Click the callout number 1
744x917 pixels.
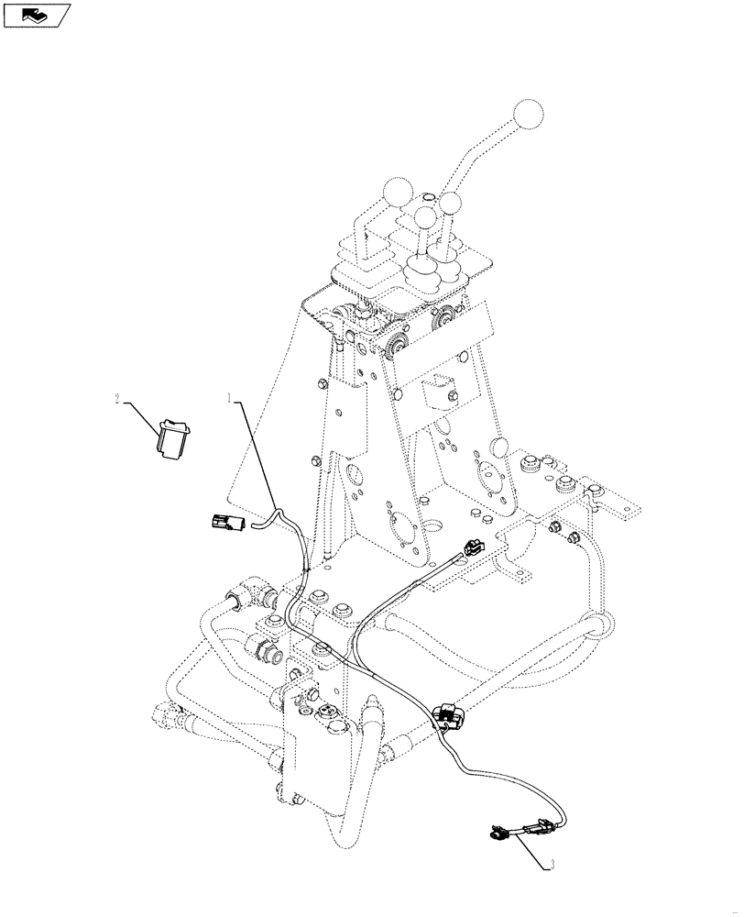(230, 397)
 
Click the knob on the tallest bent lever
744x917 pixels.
(528, 116)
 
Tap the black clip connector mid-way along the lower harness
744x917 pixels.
(446, 714)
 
